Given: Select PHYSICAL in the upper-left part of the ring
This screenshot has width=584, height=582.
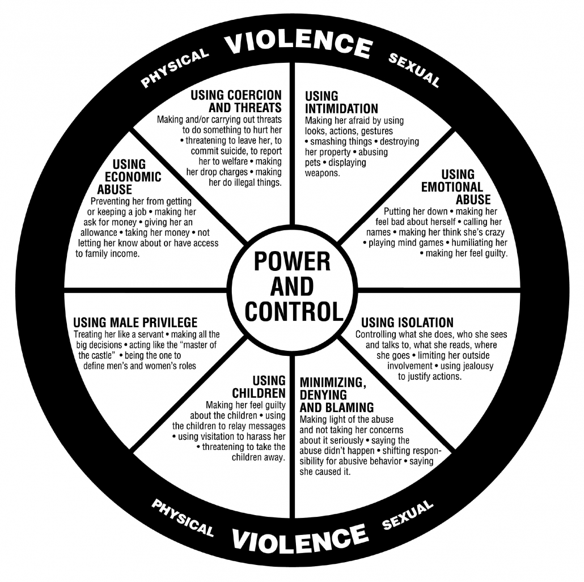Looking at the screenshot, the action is [x=175, y=68].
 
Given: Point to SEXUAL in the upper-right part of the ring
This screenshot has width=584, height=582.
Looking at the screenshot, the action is [x=414, y=70].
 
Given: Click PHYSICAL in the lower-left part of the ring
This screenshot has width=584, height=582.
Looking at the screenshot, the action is [x=183, y=517].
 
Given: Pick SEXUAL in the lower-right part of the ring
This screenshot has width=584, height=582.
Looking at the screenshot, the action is [x=408, y=515].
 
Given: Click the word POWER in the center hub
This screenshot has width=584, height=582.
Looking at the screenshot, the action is [x=292, y=261].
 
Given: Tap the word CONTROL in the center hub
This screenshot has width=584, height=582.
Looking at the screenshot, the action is [x=294, y=311].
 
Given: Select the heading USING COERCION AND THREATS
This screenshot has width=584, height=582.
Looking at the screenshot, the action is [x=236, y=101].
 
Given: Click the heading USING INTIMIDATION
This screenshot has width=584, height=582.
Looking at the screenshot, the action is [x=341, y=102].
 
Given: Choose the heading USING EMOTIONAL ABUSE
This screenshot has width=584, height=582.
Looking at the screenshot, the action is [x=456, y=187].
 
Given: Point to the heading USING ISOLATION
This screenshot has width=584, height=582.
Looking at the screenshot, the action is [x=408, y=322].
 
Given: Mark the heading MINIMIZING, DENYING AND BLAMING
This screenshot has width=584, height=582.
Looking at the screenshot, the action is [x=337, y=394].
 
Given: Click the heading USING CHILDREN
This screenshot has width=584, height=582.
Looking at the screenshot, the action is [x=259, y=387].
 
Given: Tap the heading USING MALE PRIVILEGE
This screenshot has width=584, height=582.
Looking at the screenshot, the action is [x=135, y=322].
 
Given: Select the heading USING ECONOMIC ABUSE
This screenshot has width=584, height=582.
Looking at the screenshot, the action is [x=129, y=177].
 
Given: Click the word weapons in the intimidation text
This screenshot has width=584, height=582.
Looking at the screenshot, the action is [x=323, y=173].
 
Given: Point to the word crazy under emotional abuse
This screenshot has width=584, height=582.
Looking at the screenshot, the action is [x=494, y=233].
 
